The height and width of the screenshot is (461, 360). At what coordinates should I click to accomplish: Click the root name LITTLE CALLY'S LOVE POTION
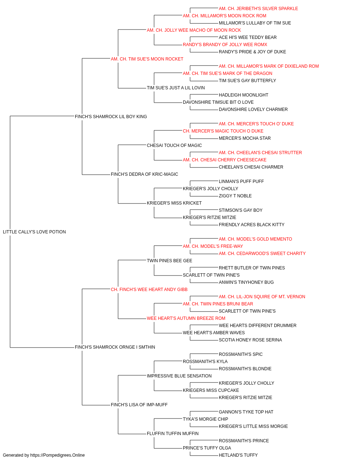tap(34, 232)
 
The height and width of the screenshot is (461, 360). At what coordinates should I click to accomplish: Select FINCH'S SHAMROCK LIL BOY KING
tap(111, 116)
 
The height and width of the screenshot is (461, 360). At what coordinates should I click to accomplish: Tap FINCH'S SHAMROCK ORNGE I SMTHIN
tap(115, 347)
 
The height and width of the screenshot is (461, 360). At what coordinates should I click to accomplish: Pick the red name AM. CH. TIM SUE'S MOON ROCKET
tap(147, 59)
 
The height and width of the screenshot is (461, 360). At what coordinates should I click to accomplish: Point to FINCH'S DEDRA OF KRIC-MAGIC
tap(144, 174)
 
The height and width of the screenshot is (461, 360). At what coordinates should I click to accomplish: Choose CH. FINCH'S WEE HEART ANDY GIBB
tap(149, 289)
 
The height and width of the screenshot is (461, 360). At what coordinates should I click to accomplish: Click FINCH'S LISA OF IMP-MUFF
tap(139, 404)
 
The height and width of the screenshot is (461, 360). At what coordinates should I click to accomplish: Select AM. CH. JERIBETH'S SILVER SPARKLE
tap(258, 9)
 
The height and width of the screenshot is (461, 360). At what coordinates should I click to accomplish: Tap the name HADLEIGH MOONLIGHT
tap(243, 95)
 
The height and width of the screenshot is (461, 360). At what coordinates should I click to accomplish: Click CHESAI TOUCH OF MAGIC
tap(174, 145)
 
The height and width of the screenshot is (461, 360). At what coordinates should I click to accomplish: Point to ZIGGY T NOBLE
tap(235, 196)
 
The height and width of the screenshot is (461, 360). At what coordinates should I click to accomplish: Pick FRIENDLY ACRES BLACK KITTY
tap(251, 224)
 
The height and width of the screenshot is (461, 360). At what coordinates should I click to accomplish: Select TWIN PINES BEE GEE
tap(170, 260)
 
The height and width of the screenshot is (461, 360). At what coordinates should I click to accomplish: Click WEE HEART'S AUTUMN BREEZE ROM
tap(186, 318)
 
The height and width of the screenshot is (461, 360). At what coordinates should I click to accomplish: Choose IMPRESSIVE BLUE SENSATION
tap(179, 376)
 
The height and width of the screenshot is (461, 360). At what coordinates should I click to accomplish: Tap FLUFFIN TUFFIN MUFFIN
tap(172, 433)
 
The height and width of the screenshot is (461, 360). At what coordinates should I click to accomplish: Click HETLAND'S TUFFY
tap(238, 455)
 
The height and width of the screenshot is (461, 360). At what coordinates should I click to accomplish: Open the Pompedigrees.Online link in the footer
tap(57, 455)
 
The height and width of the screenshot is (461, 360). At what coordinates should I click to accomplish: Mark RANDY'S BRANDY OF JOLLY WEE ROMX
tap(225, 45)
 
